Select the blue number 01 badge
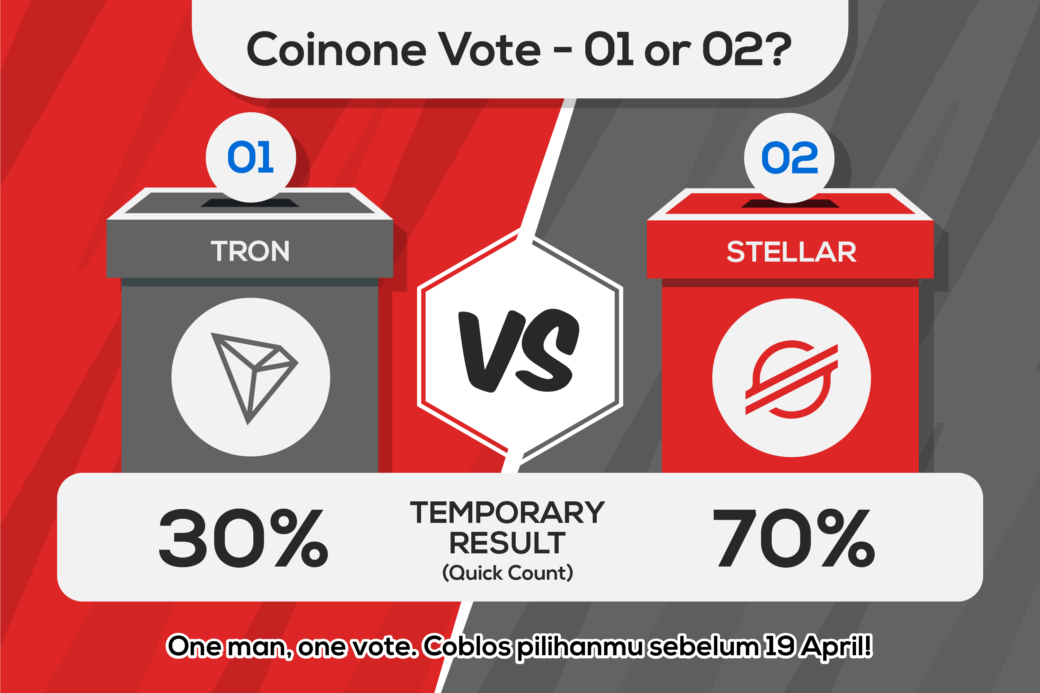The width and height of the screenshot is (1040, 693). pos(251,157)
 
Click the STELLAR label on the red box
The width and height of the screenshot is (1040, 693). pos(792,252)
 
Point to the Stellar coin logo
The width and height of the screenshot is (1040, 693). pos(792,379)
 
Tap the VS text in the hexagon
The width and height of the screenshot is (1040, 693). pos(519,350)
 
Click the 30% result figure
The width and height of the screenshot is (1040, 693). pos(243,537)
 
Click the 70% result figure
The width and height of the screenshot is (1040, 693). pos(794,537)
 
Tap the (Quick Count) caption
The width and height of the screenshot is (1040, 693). pos(508,573)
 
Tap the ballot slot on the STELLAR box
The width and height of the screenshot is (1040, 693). pos(790,204)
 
